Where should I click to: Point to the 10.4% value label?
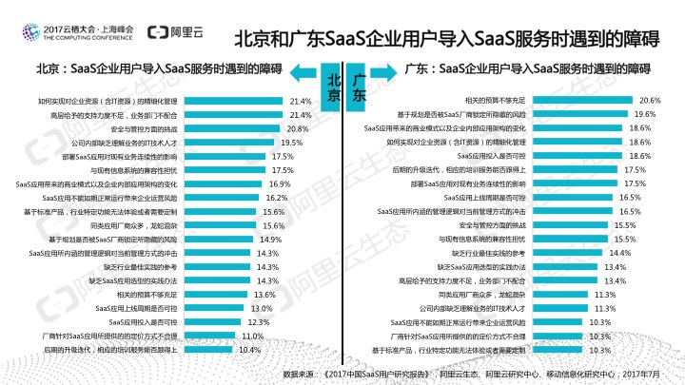click(249, 350)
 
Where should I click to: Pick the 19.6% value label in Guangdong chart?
click(645, 113)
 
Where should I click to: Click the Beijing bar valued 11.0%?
click(207, 337)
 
